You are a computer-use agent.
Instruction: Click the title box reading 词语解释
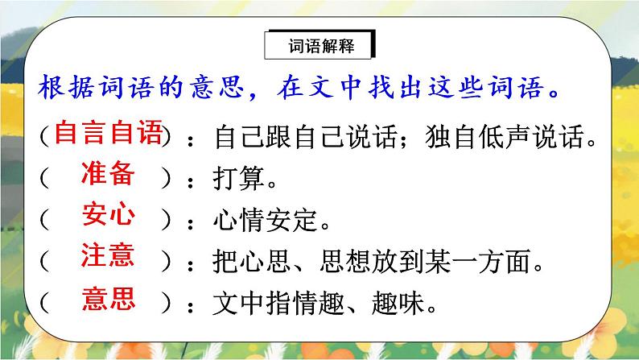[x=320, y=47]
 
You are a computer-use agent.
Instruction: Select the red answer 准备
[x=108, y=176]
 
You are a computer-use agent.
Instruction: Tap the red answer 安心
[x=108, y=217]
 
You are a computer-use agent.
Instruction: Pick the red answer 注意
[x=108, y=258]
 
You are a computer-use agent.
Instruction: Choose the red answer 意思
[x=108, y=300]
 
